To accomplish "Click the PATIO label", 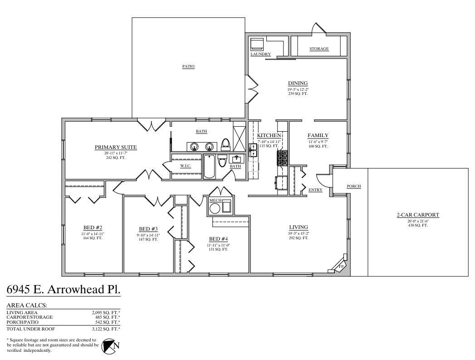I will tap(188, 66).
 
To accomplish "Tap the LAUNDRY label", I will tap(260, 54).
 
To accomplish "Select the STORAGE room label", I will tap(319, 49).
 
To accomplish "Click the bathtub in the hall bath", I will tap(209, 167).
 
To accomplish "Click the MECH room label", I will tap(215, 200).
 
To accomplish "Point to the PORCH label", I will tap(353, 186).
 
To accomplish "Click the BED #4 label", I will tap(218, 239).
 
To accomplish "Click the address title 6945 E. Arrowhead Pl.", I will tap(64, 290).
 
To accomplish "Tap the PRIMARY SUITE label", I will tap(116, 147).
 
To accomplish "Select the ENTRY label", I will tap(315, 190).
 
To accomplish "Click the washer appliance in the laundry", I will tap(257, 44).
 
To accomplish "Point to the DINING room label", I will tap(298, 83).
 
